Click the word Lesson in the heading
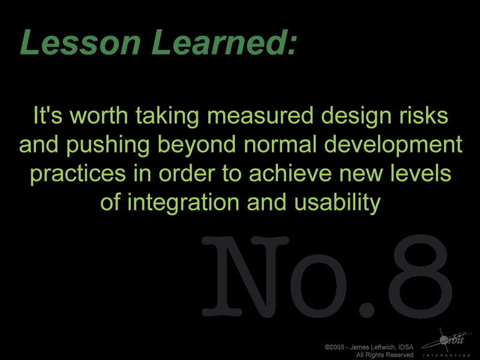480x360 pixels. point(80,42)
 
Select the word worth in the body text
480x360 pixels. point(99,115)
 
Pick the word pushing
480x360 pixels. point(108,145)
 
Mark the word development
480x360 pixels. point(393,145)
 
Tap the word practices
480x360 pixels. point(78,174)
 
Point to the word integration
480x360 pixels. point(183,203)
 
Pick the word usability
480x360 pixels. point(337,203)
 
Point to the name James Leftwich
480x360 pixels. point(374,347)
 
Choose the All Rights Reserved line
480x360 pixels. point(385,355)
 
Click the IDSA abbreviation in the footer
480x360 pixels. point(407,347)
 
